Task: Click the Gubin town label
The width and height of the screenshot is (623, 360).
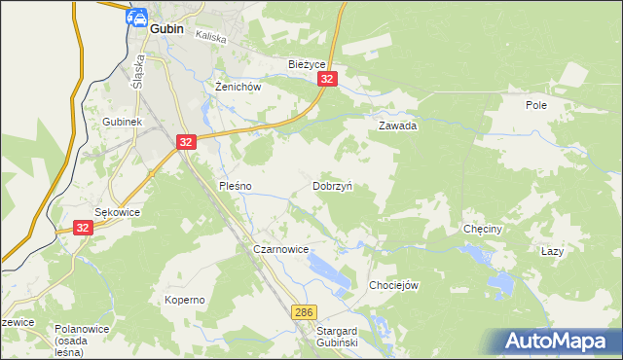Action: [167, 30]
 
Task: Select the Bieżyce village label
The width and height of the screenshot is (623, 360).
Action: [308, 64]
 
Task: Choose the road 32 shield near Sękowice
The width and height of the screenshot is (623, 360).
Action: [83, 227]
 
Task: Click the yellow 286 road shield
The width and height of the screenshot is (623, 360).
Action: [304, 311]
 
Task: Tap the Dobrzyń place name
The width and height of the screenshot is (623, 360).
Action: [332, 185]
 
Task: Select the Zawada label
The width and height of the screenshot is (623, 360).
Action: [397, 126]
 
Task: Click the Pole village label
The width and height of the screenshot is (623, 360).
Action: [536, 105]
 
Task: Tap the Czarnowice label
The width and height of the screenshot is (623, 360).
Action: [280, 250]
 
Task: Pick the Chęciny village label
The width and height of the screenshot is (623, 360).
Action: [483, 231]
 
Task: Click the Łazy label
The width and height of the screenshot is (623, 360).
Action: [552, 251]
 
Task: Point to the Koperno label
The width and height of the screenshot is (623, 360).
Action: [184, 300]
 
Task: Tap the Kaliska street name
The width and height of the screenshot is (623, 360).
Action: [210, 36]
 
